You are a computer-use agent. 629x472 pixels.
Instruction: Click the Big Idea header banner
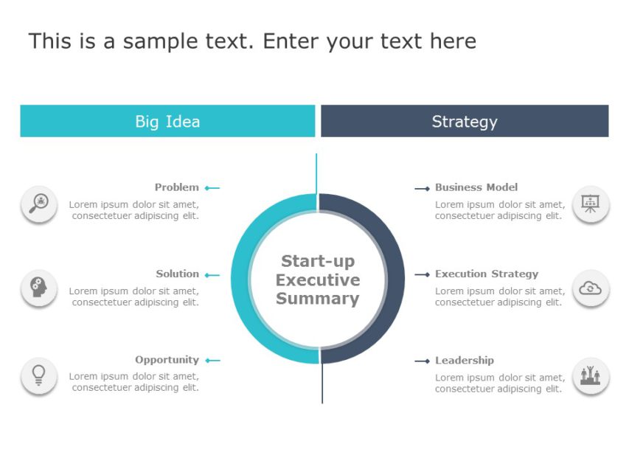(x=167, y=121)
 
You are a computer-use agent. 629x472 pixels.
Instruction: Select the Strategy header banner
(x=465, y=121)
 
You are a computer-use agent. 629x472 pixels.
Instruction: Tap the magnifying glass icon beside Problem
(x=39, y=204)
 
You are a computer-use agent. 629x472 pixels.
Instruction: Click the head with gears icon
(x=39, y=288)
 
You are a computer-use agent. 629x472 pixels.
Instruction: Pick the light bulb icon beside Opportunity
(x=39, y=375)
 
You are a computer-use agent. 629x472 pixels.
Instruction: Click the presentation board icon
(x=591, y=204)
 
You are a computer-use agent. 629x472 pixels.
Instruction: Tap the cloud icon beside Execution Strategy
(x=591, y=288)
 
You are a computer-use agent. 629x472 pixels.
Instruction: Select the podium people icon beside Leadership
(x=591, y=376)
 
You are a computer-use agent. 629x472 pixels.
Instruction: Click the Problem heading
(x=177, y=187)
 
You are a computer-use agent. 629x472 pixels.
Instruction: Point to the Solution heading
(x=178, y=274)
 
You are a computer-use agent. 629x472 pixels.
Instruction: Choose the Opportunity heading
(x=167, y=360)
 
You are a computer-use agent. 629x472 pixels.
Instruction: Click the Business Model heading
(x=476, y=187)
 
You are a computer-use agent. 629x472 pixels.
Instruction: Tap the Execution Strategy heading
(x=487, y=274)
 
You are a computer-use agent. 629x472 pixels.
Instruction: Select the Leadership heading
(x=465, y=360)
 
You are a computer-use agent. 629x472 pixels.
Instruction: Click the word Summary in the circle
(x=318, y=299)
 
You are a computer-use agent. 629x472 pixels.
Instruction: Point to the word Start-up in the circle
(x=318, y=261)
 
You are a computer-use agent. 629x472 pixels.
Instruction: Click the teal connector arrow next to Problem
(x=212, y=188)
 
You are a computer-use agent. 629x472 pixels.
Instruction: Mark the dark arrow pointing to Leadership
(x=422, y=361)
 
